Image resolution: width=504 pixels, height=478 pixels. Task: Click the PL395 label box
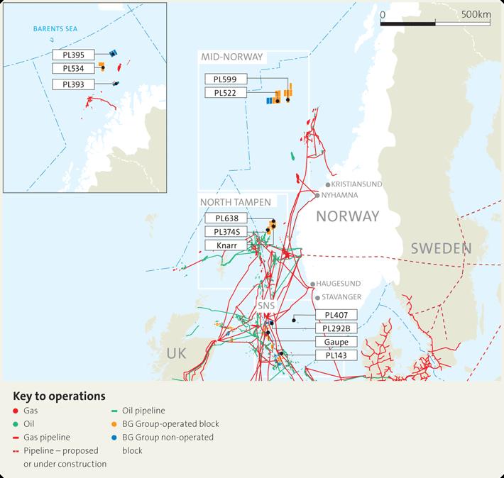(x=72, y=55)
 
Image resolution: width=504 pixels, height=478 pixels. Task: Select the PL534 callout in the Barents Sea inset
(x=72, y=68)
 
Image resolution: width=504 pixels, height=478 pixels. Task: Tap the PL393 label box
(x=72, y=84)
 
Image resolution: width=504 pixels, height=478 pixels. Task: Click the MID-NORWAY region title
(x=231, y=57)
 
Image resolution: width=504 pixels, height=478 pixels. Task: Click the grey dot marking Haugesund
(x=312, y=284)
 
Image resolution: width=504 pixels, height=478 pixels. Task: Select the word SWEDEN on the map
(x=441, y=248)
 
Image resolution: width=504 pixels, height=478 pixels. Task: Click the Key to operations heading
(x=59, y=395)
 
